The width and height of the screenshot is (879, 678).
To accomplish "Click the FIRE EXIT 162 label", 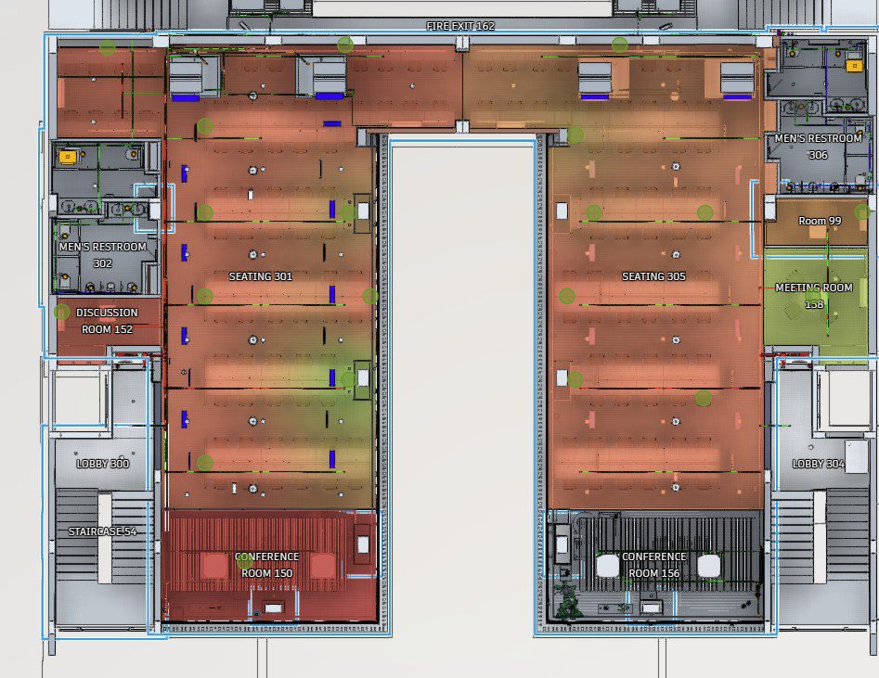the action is tap(460, 26).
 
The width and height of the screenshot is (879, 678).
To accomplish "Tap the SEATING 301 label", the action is tap(261, 276).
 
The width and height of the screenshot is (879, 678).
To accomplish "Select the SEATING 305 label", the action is tap(653, 276).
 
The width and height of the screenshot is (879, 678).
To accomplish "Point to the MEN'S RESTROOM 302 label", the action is tap(103, 255).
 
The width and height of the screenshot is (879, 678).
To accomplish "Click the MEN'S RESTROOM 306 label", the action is tap(818, 147).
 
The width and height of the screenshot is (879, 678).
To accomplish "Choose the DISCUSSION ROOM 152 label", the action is tap(107, 321).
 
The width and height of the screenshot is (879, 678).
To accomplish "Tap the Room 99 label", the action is tap(820, 221).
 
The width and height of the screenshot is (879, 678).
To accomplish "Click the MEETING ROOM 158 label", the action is tap(814, 296).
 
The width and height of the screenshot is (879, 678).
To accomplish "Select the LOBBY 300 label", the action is tap(103, 464).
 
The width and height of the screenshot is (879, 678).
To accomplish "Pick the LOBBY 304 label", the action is tap(818, 464).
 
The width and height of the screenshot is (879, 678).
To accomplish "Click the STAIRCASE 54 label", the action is tap(103, 531).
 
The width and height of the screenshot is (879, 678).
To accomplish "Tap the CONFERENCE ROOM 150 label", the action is tap(266, 565).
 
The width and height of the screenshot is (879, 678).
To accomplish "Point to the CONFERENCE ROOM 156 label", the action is tap(653, 565).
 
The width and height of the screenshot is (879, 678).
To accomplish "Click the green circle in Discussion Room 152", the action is tap(61, 313).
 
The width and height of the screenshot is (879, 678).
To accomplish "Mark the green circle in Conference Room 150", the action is tap(244, 560).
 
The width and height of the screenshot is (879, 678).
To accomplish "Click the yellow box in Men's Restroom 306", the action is tap(854, 66).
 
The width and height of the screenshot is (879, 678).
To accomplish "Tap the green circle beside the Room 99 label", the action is tap(862, 211).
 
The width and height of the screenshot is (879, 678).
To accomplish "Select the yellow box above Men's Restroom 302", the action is tap(68, 157).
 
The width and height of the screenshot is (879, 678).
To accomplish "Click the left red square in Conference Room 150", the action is tap(213, 566).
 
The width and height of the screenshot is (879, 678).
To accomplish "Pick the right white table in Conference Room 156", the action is tap(708, 566).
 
